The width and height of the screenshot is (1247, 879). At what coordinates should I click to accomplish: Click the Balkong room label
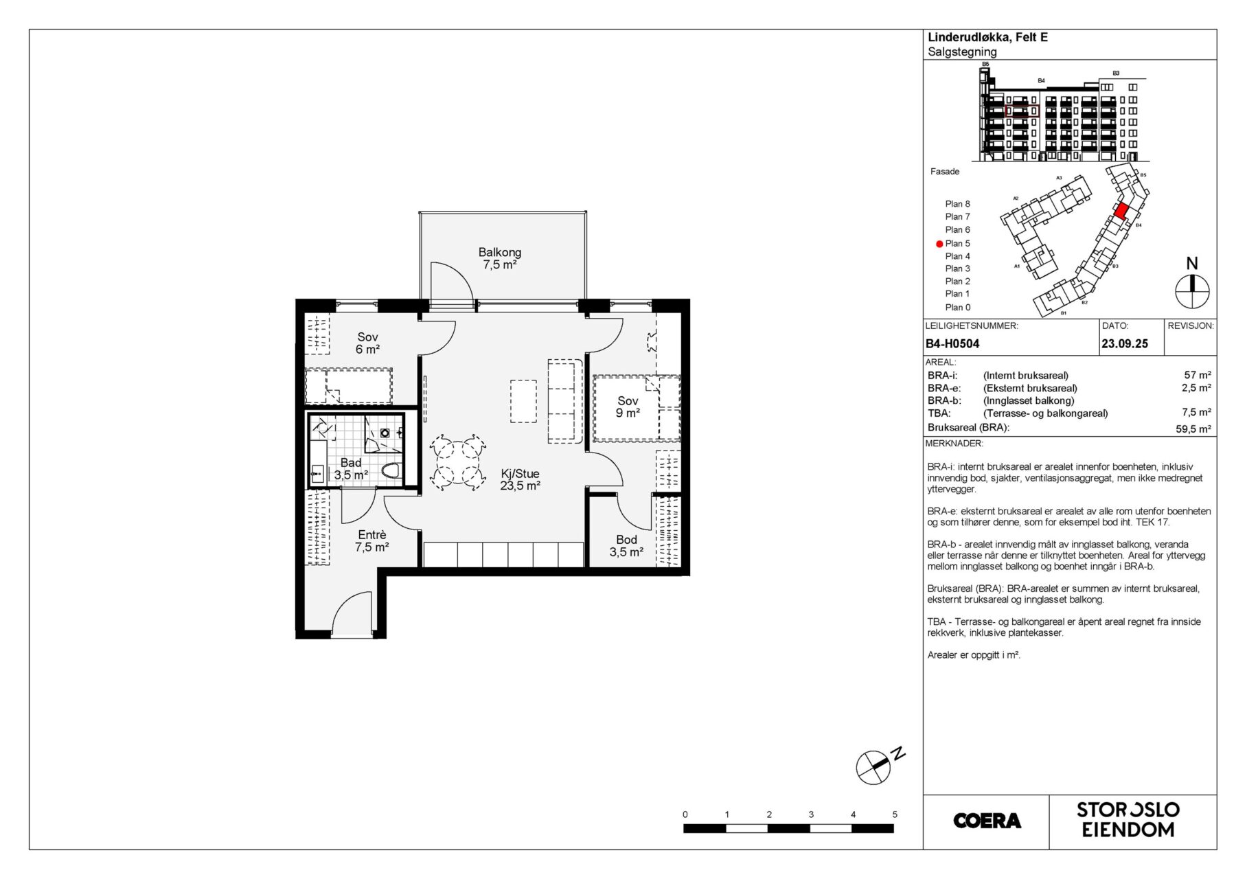pos(500,258)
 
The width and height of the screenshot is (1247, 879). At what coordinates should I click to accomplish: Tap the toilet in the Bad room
pos(391,471)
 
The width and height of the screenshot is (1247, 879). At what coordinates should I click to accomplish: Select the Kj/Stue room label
pos(520,479)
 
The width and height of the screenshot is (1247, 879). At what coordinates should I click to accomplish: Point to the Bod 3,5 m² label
pos(626,546)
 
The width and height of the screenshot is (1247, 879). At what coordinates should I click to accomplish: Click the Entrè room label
pos(372,541)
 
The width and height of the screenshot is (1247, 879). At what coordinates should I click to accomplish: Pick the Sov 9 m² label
pos(628,407)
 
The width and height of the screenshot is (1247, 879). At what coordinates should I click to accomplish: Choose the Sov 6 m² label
pos(367,343)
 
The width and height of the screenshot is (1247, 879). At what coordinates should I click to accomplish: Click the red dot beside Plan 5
pos(939,244)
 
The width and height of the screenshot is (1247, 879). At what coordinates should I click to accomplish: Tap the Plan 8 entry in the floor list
pos(957,204)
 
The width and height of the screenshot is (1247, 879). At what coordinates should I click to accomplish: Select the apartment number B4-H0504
pos(952,344)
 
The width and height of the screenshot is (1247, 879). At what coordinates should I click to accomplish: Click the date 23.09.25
pos(1125,344)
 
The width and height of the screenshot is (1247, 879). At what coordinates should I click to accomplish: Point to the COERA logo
pos(987,821)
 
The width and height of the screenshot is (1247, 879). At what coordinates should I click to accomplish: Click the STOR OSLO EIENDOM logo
pos(1128,820)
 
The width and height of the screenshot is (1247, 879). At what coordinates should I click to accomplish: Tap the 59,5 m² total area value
pos(1193,429)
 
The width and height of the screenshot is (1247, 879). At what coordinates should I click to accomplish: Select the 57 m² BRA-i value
pos(1198,376)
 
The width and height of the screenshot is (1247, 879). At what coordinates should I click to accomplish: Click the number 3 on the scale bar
pos(811,814)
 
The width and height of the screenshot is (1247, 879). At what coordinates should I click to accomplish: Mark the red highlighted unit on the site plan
pos(1121,211)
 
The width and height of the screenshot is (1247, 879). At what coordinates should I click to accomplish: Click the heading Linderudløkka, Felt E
pos(988,38)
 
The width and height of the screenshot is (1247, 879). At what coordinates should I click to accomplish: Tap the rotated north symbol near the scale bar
pos(873,767)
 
